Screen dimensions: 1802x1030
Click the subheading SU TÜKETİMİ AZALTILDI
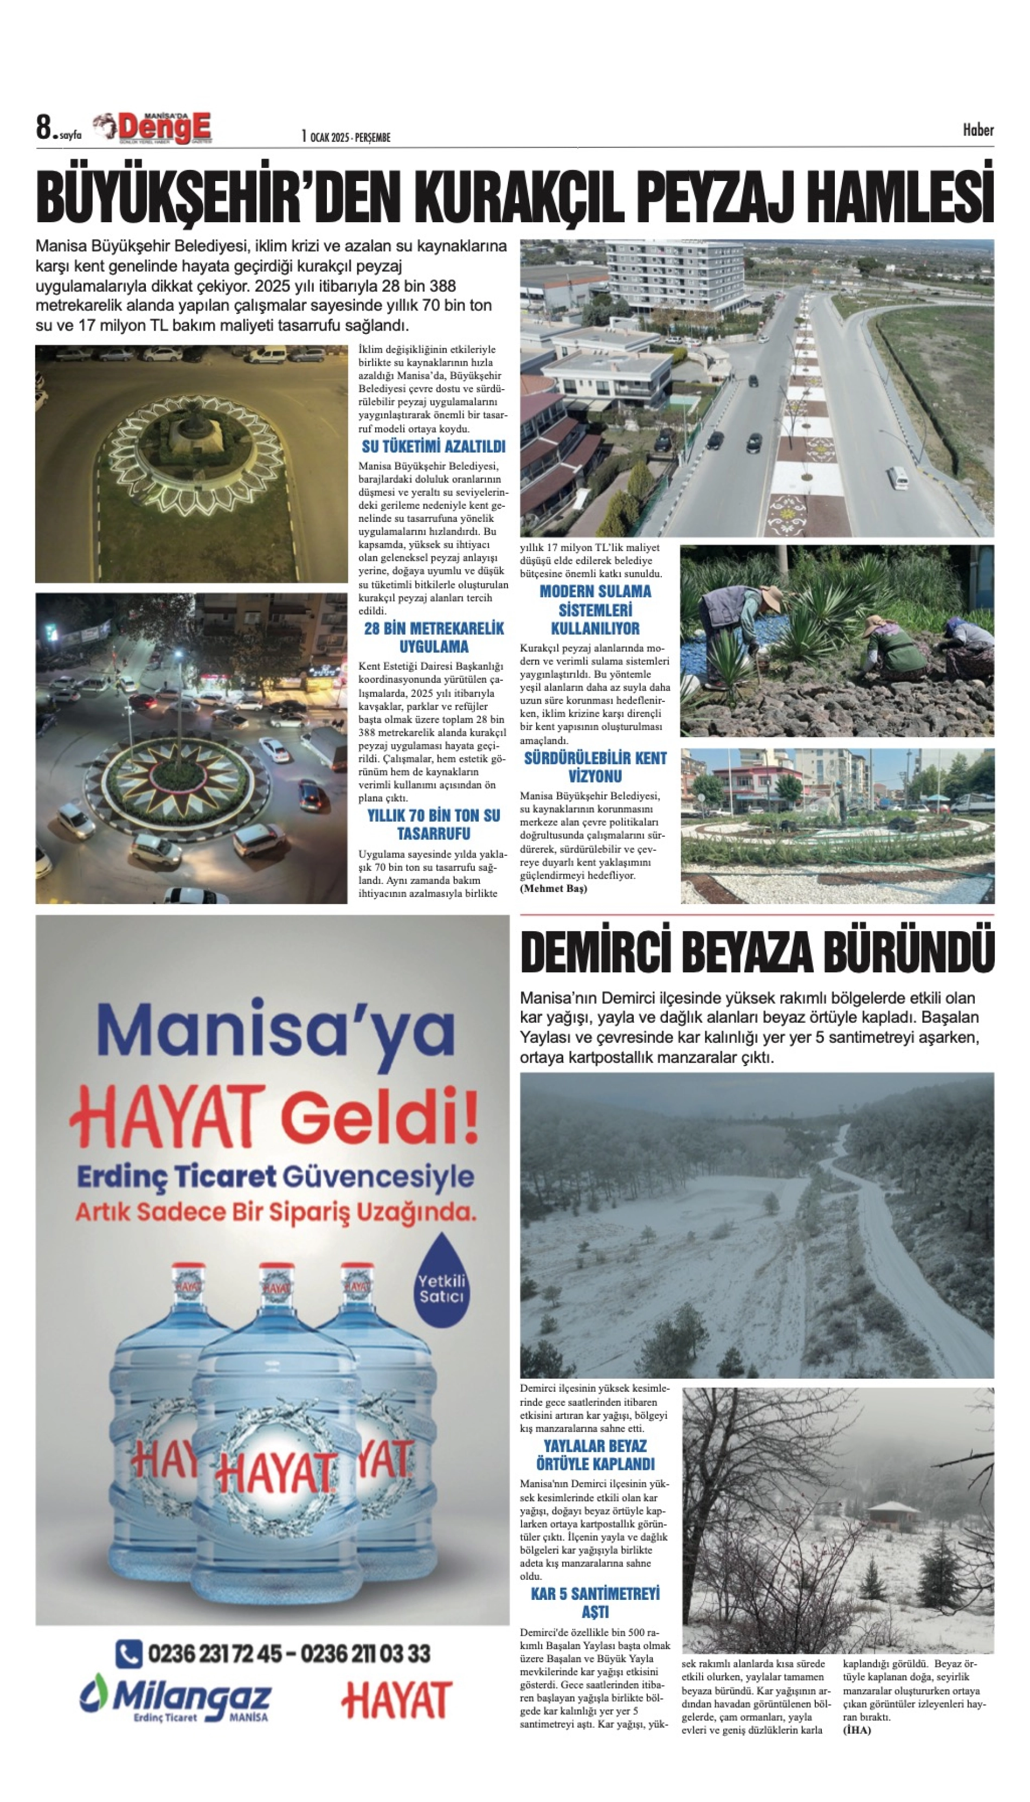click(433, 447)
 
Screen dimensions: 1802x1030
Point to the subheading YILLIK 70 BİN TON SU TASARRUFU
click(433, 825)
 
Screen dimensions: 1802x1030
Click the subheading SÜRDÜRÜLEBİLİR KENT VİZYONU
click(595, 767)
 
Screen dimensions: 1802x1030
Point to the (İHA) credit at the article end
click(857, 1730)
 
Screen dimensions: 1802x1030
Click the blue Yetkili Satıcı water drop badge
click(441, 1288)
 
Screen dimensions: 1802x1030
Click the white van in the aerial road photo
click(897, 478)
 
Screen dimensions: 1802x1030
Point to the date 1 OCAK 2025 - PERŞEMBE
click(346, 137)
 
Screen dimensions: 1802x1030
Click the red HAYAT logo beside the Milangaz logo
click(396, 1702)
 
